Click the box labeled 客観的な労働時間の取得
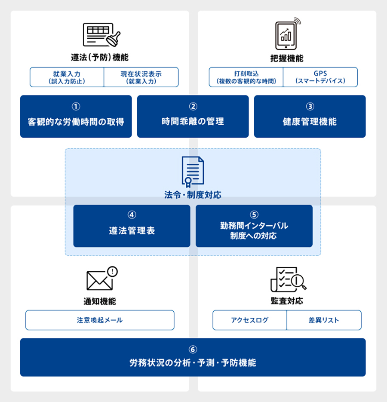pyautogui.click(x=76, y=117)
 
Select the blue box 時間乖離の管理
pyautogui.click(x=193, y=117)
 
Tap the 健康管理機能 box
pyautogui.click(x=310, y=117)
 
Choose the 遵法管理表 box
pyautogui.click(x=132, y=226)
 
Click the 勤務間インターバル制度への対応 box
pyautogui.click(x=254, y=226)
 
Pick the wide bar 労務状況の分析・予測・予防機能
pyautogui.click(x=193, y=357)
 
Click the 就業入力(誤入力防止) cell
pyautogui.click(x=67, y=77)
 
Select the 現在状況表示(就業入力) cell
pyautogui.click(x=141, y=77)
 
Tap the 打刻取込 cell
pyautogui.click(x=246, y=77)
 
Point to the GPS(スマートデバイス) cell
pyautogui.click(x=320, y=77)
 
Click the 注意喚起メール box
pyautogui.click(x=100, y=320)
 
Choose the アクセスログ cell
pyautogui.click(x=249, y=320)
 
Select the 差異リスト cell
pyautogui.click(x=324, y=320)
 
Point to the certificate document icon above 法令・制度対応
pyautogui.click(x=193, y=171)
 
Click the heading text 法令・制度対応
pyautogui.click(x=193, y=195)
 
